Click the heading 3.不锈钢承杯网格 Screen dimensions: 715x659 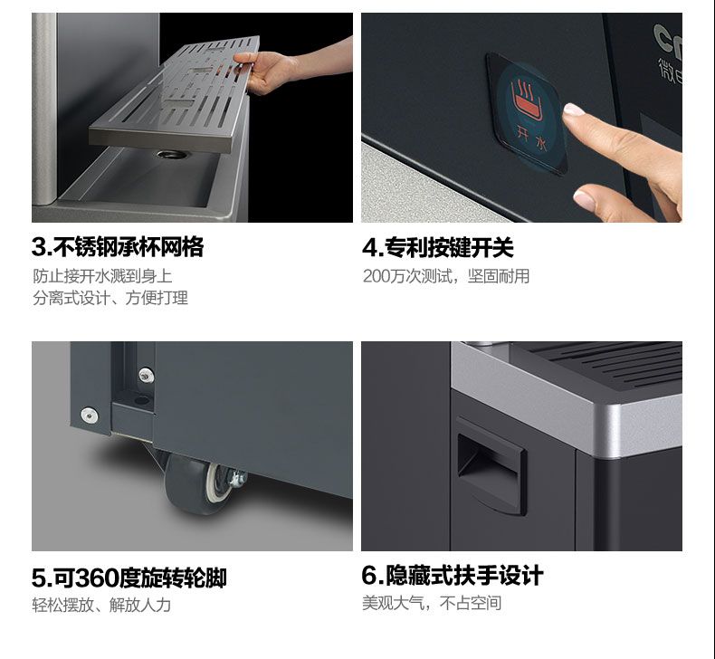(118, 247)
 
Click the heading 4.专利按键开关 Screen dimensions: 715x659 (438, 247)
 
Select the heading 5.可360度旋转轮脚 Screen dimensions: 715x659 (129, 578)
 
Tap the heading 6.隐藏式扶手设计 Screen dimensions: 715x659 (453, 575)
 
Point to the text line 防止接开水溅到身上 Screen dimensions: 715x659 (102, 276)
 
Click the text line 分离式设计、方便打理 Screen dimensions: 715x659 (110, 298)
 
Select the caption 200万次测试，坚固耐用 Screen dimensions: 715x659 (446, 276)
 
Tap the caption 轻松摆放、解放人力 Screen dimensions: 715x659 (101, 606)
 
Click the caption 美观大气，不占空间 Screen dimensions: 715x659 (432, 603)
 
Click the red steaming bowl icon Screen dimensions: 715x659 (526, 100)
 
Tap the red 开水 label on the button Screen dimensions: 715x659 (531, 138)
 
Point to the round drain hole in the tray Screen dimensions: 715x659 (172, 155)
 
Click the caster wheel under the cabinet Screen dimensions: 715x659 (197, 484)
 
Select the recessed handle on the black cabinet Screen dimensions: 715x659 (491, 466)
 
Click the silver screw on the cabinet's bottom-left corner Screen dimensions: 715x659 (89, 415)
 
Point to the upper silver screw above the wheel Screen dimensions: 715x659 (147, 376)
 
